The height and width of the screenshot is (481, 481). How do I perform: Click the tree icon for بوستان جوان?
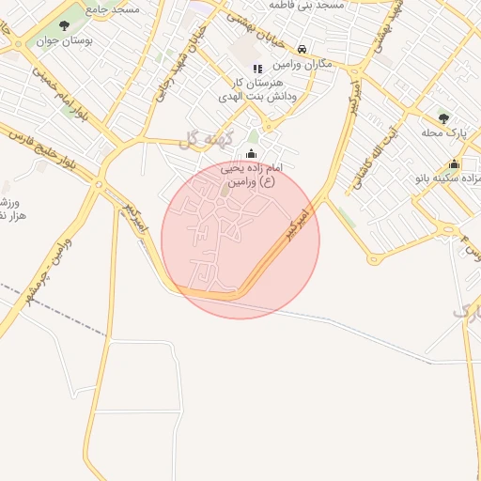pyautogui.click(x=65, y=26)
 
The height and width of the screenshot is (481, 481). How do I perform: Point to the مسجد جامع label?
pyautogui.click(x=114, y=8)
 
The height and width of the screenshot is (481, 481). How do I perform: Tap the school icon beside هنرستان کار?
pyautogui.click(x=257, y=68)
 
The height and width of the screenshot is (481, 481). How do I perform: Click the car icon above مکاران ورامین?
pyautogui.click(x=302, y=49)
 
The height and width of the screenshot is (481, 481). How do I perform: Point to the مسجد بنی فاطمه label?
pyautogui.click(x=306, y=6)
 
